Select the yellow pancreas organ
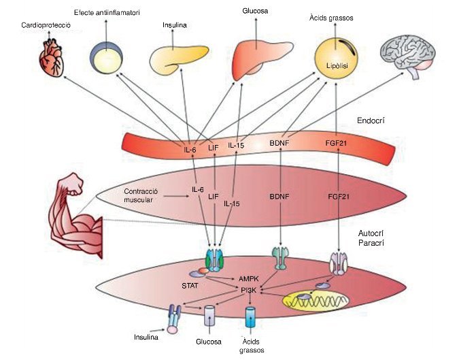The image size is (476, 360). pyautogui.click(x=174, y=59)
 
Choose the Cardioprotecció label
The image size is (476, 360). pyautogui.click(x=46, y=25)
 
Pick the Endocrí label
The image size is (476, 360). pyautogui.click(x=371, y=120)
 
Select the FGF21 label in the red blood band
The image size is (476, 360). pyautogui.click(x=338, y=144)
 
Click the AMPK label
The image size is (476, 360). pyautogui.click(x=249, y=279)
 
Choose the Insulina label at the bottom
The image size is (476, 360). pyautogui.click(x=146, y=337)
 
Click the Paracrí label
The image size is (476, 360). pyautogui.click(x=373, y=244)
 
